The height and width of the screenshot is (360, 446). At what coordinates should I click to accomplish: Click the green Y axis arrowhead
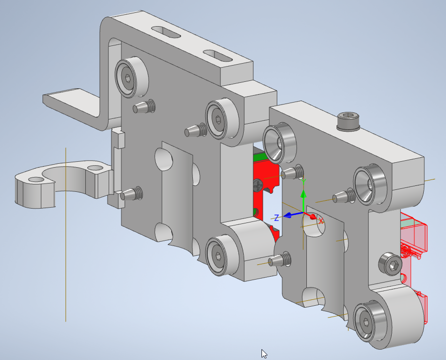tap(303, 194)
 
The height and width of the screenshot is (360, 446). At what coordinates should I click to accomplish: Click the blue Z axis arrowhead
tap(287, 216)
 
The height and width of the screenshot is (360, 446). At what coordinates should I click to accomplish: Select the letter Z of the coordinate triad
tap(276, 218)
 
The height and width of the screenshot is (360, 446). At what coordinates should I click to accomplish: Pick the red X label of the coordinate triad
tap(321, 220)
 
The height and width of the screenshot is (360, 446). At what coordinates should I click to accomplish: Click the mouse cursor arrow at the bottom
tap(264, 354)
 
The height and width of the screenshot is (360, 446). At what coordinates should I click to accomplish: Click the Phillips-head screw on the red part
tap(258, 185)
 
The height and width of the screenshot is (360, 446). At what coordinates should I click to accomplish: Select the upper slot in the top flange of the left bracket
tap(166, 32)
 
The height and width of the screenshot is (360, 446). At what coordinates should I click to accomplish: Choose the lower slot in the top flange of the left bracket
tap(218, 56)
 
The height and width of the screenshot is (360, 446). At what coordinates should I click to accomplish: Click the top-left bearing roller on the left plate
tap(132, 77)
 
